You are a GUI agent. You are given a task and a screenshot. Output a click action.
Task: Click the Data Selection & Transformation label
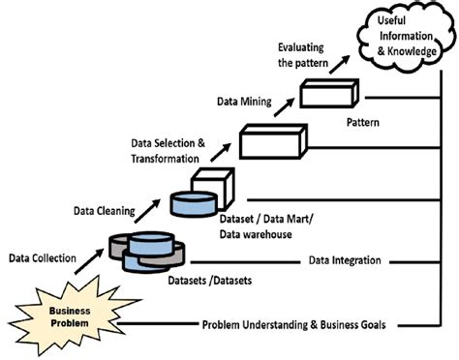click(167, 151)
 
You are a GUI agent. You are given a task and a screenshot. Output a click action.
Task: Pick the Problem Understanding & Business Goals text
click(293, 325)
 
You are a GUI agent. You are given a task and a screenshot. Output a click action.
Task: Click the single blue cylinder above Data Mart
click(193, 202)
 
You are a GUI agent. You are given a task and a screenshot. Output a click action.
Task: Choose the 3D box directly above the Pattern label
click(328, 92)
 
